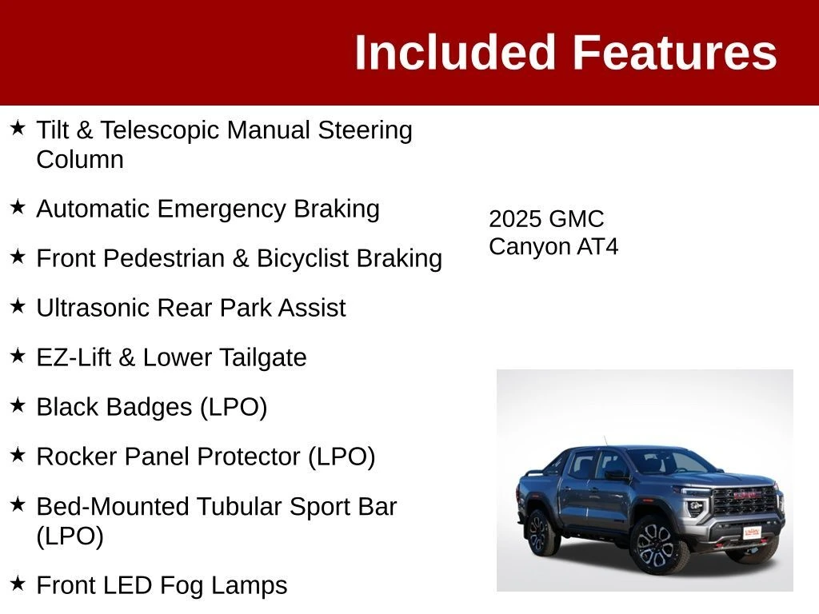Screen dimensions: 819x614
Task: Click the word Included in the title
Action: point(454,52)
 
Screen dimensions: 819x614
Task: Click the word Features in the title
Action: point(675,52)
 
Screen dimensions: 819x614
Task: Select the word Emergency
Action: point(222,209)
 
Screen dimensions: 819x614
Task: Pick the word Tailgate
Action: point(262,357)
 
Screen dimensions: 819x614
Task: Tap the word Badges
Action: point(154,407)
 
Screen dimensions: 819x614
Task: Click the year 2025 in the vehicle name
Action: point(515,219)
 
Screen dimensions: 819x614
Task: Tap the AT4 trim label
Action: point(597,246)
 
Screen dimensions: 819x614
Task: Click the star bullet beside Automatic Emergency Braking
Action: point(18,207)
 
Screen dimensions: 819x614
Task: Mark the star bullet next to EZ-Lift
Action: point(18,356)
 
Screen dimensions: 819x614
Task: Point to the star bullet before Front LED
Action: point(18,583)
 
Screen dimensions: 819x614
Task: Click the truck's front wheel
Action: point(654,545)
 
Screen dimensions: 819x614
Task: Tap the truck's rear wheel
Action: point(539,532)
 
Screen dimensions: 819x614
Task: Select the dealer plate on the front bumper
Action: point(752,532)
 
